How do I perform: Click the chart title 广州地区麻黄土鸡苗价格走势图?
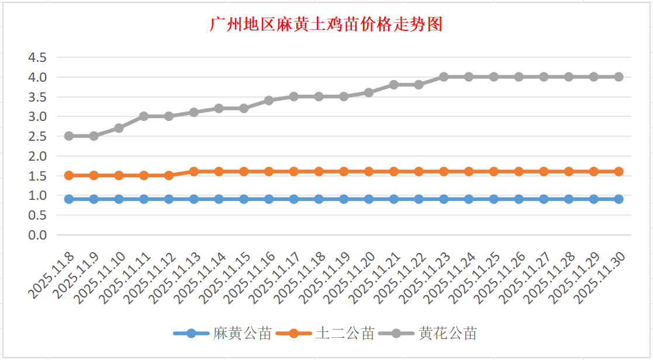pyautogui.click(x=326, y=25)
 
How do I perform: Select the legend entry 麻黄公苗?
pyautogui.click(x=242, y=334)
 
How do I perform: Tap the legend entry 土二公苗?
pyautogui.click(x=345, y=334)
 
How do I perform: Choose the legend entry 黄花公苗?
pyautogui.click(x=448, y=334)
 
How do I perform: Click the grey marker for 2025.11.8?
pyautogui.click(x=69, y=136)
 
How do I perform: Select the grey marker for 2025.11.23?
pyautogui.click(x=444, y=77)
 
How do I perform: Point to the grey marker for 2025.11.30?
pyautogui.click(x=619, y=77)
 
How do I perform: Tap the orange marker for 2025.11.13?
pyautogui.click(x=194, y=171)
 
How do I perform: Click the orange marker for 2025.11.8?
pyautogui.click(x=69, y=175)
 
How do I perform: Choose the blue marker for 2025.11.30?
pyautogui.click(x=619, y=199)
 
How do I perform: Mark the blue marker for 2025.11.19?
pyautogui.click(x=344, y=199)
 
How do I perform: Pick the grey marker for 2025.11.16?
pyautogui.click(x=269, y=101)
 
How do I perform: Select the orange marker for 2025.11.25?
pyautogui.click(x=493, y=171)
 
